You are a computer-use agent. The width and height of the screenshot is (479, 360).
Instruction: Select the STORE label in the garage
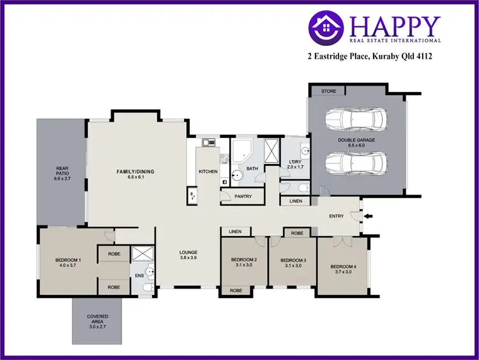328,91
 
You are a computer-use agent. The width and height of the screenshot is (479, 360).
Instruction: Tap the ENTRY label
337,216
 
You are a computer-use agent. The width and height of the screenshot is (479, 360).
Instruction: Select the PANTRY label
243,197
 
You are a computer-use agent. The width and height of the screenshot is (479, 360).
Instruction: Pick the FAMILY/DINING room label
135,172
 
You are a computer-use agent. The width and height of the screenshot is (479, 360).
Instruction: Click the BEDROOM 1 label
68,260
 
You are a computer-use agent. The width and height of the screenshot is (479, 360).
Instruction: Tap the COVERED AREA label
98,319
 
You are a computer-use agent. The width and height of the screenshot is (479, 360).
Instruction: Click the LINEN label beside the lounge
234,232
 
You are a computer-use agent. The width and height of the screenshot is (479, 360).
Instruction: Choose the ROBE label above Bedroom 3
297,234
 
